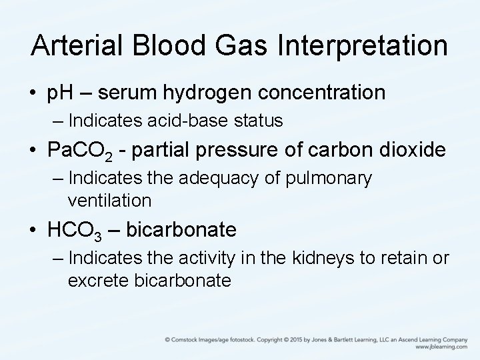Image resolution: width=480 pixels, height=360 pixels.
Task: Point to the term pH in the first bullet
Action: [59, 93]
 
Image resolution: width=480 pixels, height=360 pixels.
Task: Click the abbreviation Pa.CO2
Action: [83, 151]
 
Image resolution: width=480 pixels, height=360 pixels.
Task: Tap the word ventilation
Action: [109, 200]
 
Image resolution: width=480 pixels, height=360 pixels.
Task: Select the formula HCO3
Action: [74, 230]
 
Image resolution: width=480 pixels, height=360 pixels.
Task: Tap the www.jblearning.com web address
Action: [441, 347]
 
